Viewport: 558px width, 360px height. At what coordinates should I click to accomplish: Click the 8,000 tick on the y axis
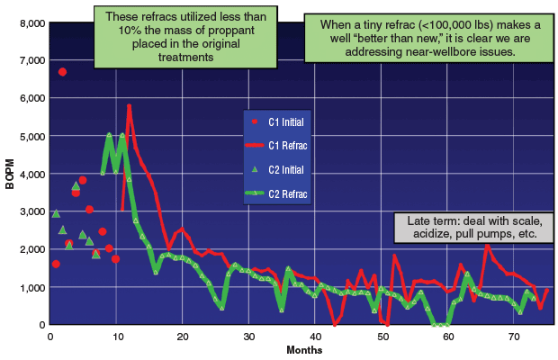click(28, 22)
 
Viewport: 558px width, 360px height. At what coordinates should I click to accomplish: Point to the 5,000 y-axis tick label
click(28, 135)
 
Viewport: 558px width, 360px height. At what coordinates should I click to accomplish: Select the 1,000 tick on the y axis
click(28, 286)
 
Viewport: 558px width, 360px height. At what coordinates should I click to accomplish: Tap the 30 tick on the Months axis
click(248, 336)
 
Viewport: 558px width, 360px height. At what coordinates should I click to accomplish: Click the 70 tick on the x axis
click(515, 336)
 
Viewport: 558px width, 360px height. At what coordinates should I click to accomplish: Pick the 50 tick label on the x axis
click(382, 336)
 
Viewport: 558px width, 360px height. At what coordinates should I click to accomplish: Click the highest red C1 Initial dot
click(62, 72)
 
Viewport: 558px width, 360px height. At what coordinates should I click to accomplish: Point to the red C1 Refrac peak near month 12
click(130, 105)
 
